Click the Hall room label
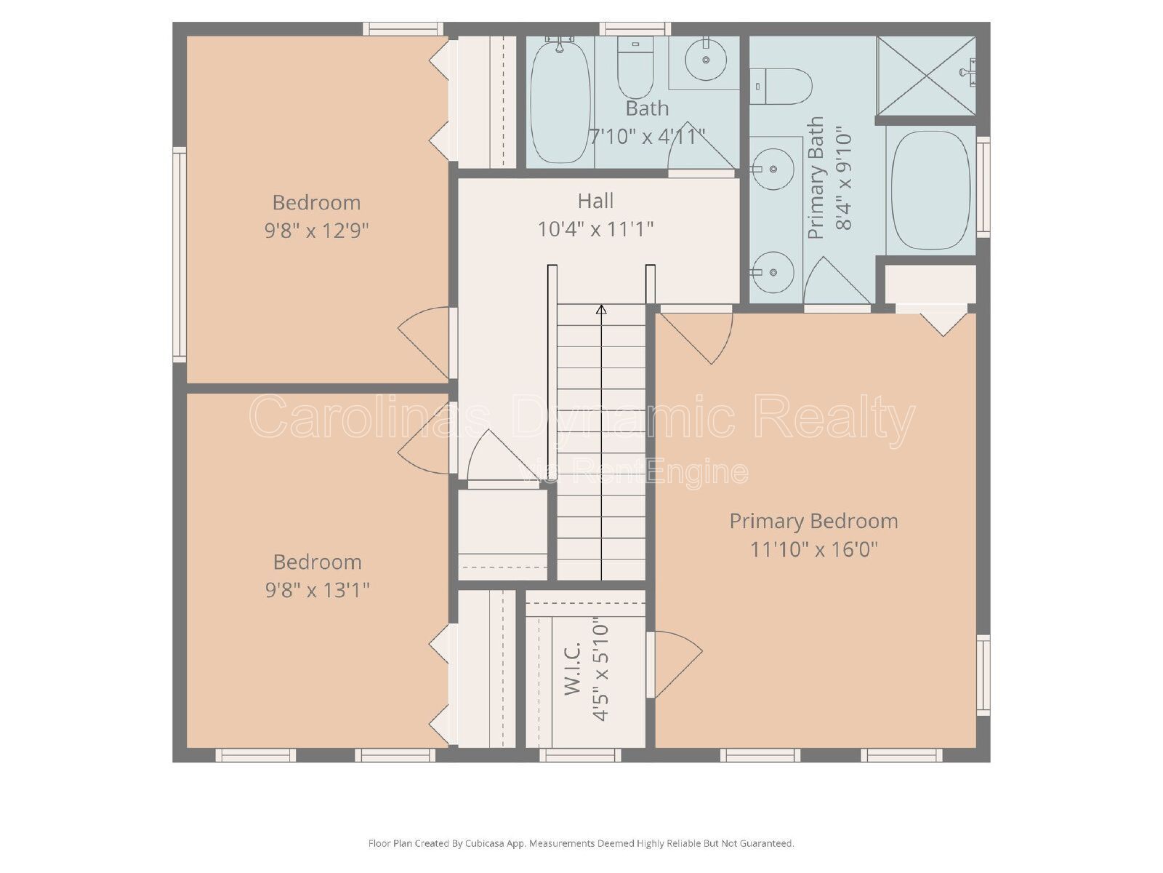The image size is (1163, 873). [x=595, y=201]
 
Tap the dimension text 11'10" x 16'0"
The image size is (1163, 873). [x=814, y=549]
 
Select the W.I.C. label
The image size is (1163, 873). [x=574, y=669]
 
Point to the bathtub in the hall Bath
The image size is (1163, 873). [x=560, y=100]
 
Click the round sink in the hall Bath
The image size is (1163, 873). [x=705, y=60]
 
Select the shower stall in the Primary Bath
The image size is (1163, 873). [x=925, y=75]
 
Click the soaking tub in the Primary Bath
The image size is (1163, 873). [x=931, y=191]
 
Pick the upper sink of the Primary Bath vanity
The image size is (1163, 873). [x=773, y=169]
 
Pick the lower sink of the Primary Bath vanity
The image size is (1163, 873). [x=773, y=272]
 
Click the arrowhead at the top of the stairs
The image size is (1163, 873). [x=601, y=310]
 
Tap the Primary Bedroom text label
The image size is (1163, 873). [x=814, y=521]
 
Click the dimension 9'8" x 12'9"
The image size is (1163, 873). [x=316, y=231]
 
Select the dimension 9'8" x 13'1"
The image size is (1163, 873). [x=317, y=590]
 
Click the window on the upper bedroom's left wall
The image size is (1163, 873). [x=180, y=255]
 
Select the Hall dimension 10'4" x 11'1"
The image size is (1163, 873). [x=595, y=229]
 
